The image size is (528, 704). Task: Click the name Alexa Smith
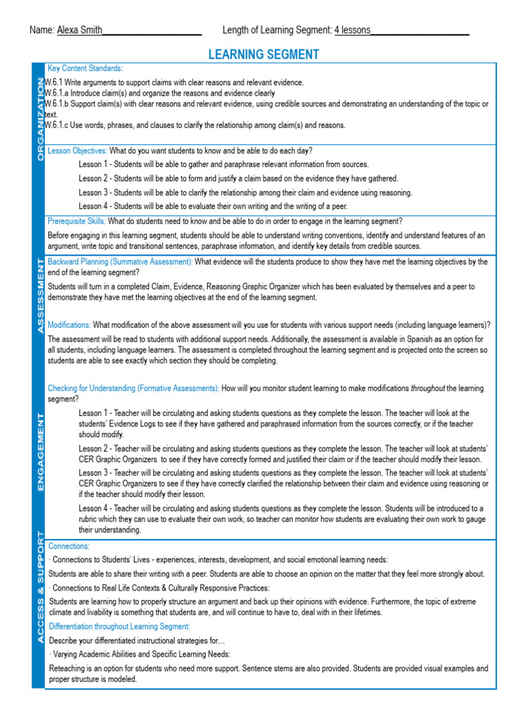(x=79, y=30)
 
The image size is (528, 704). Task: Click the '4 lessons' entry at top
(x=352, y=30)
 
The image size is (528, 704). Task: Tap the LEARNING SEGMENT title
(x=264, y=54)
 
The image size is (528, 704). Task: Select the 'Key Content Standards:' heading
(x=85, y=69)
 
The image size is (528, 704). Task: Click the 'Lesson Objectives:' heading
(x=77, y=150)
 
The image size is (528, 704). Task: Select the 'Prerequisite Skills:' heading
(x=76, y=221)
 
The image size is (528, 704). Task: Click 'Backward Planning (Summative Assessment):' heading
(x=120, y=262)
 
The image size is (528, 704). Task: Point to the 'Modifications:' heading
(x=69, y=324)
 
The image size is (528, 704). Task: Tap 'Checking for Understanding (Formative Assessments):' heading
(x=133, y=388)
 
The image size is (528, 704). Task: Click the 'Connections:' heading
(x=68, y=546)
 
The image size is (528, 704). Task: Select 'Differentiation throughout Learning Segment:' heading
(x=118, y=626)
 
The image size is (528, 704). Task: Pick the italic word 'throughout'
(x=428, y=388)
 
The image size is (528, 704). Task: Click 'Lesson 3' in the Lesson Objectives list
(x=93, y=193)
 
